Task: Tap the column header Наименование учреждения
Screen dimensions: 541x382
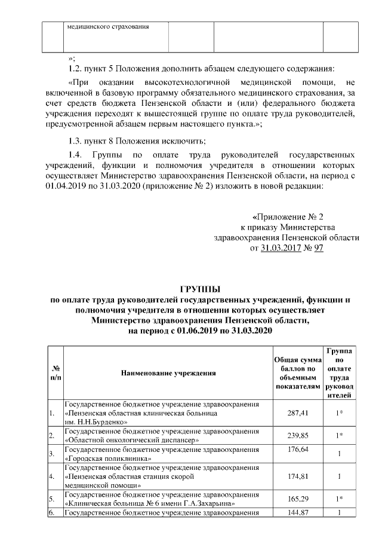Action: [168, 373]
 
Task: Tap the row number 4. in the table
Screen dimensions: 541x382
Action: [52, 477]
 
